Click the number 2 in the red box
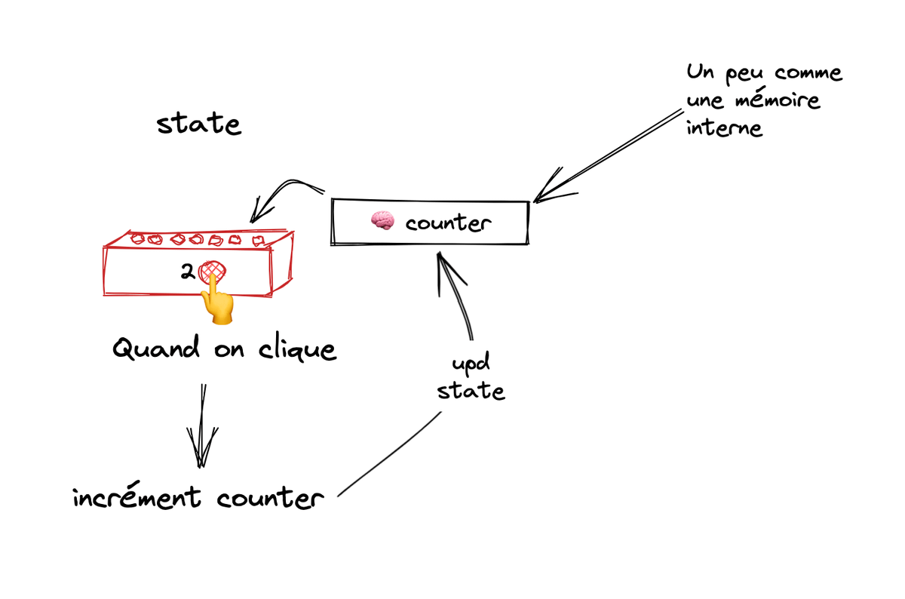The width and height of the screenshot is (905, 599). pyautogui.click(x=187, y=272)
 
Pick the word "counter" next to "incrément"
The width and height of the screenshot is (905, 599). pyautogui.click(x=269, y=499)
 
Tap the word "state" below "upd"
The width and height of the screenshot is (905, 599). pyautogui.click(x=471, y=392)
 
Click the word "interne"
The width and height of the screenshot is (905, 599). pyautogui.click(x=724, y=127)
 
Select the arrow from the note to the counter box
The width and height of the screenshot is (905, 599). pyautogui.click(x=611, y=156)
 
